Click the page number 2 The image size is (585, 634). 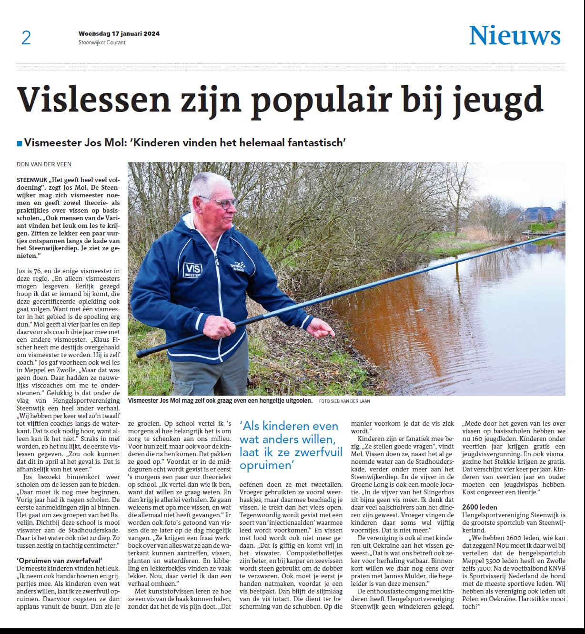[x=26, y=38]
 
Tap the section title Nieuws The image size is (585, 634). [x=514, y=36]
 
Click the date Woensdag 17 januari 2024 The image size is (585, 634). [x=119, y=34]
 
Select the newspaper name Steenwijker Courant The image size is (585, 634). [x=102, y=42]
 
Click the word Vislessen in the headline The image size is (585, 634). [x=94, y=100]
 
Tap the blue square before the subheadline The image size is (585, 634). [x=19, y=143]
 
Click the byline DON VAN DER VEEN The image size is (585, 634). [x=44, y=164]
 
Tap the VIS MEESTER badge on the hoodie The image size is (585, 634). [x=193, y=270]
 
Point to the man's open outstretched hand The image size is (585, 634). [x=320, y=328]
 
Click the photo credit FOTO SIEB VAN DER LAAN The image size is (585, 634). [x=344, y=401]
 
